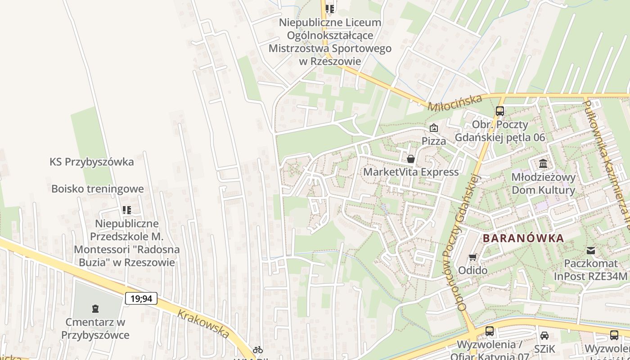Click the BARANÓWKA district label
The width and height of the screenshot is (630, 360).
(x=523, y=238)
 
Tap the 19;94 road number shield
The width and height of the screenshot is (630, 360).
(x=141, y=298)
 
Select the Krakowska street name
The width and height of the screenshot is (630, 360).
(x=203, y=324)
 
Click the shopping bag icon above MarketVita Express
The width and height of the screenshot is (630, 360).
(x=410, y=159)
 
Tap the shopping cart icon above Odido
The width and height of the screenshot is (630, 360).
(x=472, y=257)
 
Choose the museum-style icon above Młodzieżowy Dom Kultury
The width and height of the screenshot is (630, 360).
(x=543, y=163)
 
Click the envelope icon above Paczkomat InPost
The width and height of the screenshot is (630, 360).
(x=590, y=250)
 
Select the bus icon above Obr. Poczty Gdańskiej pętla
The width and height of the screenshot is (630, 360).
(x=499, y=111)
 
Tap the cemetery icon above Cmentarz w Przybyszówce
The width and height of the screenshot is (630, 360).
(x=95, y=309)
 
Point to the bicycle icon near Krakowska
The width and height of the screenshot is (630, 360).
(x=257, y=349)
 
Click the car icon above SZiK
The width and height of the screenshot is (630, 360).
(x=544, y=335)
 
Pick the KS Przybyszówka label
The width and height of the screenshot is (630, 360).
(x=92, y=162)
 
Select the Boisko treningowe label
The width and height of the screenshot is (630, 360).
(x=97, y=189)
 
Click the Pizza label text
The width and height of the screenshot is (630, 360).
(x=434, y=141)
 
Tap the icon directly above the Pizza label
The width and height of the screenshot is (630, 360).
(x=433, y=128)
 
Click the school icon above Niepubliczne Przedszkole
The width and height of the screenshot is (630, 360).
(x=127, y=210)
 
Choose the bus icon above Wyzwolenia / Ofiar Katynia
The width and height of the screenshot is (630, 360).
(x=490, y=331)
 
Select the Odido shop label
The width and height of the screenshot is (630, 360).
(x=472, y=270)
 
